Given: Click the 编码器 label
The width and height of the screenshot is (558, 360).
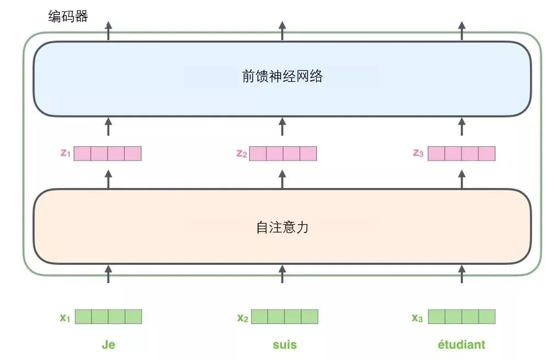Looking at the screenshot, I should tap(68, 17).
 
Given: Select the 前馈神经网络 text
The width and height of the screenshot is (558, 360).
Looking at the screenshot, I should tap(282, 76).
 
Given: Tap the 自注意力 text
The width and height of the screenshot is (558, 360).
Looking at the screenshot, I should tap(282, 227).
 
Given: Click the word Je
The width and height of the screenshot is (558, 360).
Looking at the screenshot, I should tap(108, 345).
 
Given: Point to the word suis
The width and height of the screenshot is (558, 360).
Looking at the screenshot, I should tap(284, 345).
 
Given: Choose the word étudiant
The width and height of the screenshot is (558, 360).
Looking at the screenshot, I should tap(461, 345).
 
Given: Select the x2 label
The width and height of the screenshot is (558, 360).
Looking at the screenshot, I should tap(243, 317).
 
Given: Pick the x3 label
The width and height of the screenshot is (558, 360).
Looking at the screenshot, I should tap(417, 317).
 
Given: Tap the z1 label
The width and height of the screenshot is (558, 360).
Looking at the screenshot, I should tap(65, 153).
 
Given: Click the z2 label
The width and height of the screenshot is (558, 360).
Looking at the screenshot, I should tap(242, 153).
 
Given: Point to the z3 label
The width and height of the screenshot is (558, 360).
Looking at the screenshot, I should tap(418, 153).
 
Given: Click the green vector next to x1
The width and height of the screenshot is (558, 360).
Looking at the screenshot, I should tap(108, 317).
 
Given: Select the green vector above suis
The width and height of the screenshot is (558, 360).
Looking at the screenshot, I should tap(284, 317).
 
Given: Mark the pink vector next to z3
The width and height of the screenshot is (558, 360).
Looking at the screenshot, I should tap(461, 153).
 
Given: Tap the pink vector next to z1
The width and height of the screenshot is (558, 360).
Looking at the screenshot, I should tap(108, 153).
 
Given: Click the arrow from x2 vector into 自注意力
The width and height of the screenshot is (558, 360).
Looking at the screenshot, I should tap(282, 274).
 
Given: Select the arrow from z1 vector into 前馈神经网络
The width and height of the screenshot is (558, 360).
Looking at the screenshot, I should tap(108, 126).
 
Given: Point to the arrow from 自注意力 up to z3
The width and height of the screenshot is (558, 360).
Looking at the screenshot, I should tap(461, 179).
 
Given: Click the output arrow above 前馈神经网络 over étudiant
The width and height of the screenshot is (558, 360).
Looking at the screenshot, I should tap(461, 31).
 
